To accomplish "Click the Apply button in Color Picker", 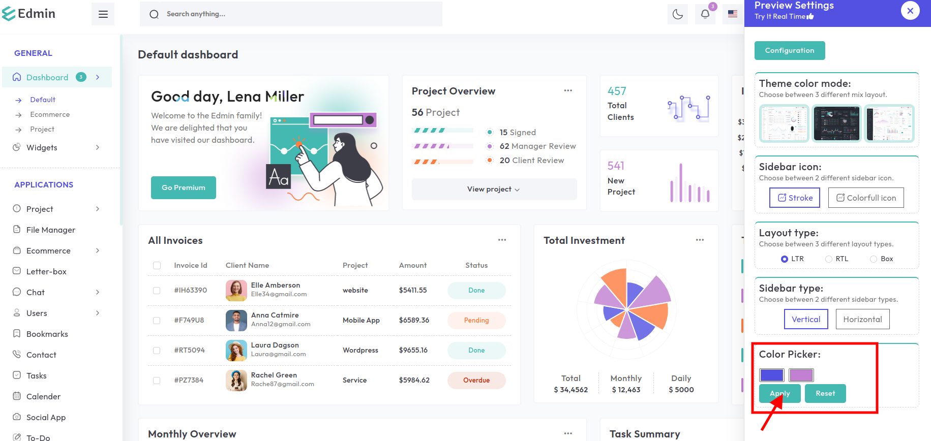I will [x=779, y=393].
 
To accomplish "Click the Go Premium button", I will [x=184, y=187].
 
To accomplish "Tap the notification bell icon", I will [x=705, y=14].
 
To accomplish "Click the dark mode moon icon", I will [x=677, y=14].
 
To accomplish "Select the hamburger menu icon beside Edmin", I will [x=103, y=14].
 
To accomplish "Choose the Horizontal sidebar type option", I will [x=862, y=319].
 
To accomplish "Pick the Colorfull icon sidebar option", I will [x=866, y=198].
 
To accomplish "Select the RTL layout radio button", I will [x=829, y=259].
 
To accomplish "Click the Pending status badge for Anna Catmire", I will [x=476, y=320].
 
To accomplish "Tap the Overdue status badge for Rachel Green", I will [x=476, y=380].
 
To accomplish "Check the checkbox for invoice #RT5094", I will [x=157, y=350].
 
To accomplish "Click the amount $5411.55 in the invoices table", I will [x=413, y=290].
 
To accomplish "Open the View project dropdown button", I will [x=494, y=189].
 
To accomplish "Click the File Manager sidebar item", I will [x=50, y=230].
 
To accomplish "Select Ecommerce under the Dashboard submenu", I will [x=50, y=114].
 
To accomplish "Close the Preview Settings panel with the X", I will [x=910, y=11].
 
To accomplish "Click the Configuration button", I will [x=789, y=50].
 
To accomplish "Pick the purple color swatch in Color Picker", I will [x=801, y=375].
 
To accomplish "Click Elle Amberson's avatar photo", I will [x=236, y=290].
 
